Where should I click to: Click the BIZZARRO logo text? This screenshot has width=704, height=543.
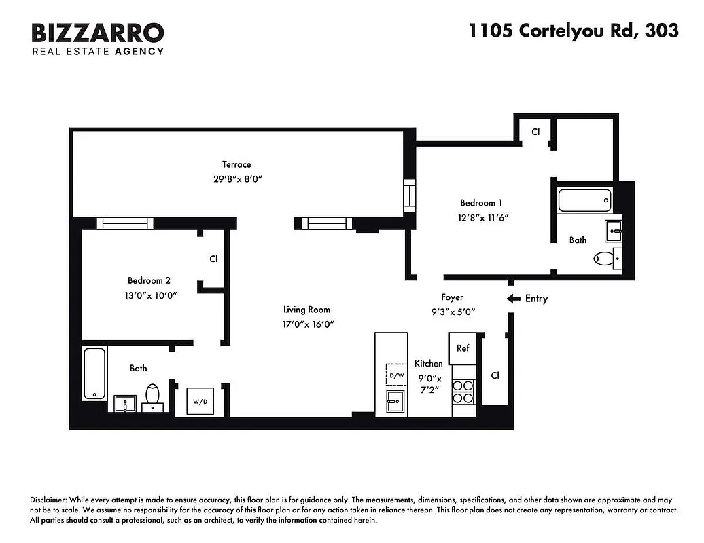98,32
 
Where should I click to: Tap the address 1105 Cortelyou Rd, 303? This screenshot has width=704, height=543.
573,31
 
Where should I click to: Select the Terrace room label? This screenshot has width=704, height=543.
236,164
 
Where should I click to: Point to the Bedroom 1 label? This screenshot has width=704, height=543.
482,202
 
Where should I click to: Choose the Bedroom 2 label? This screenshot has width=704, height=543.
149,280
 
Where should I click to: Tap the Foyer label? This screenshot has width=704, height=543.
452,297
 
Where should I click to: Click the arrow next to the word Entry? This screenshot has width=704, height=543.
514,299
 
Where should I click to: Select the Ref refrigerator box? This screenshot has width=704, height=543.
463,348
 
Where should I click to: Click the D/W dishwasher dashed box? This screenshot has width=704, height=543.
396,375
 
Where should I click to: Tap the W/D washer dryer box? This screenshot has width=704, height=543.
200,401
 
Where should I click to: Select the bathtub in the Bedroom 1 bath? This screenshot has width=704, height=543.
584,200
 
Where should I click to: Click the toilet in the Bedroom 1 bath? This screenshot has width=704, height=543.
604,258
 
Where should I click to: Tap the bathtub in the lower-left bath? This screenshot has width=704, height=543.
94,374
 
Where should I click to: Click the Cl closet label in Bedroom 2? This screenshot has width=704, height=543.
213,259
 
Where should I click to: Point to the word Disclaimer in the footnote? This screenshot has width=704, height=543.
51,499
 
